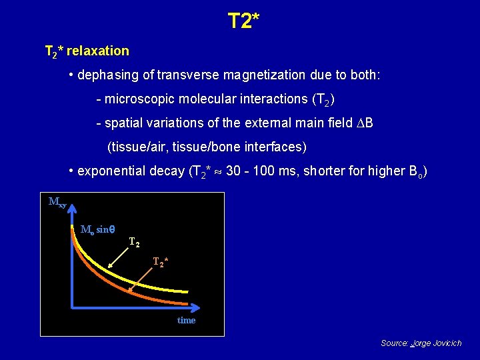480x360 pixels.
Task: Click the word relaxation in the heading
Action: point(98,51)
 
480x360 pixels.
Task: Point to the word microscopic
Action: point(139,99)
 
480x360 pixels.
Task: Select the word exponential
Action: point(108,171)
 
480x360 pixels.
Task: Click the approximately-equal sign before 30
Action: point(218,171)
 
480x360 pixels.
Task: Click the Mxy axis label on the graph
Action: point(57,202)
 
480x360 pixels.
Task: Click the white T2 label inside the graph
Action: point(134,241)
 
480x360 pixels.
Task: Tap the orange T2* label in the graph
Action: point(160,262)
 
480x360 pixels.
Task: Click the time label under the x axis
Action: point(187,321)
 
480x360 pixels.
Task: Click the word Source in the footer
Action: point(395,343)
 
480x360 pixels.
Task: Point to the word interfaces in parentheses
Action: point(277,147)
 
